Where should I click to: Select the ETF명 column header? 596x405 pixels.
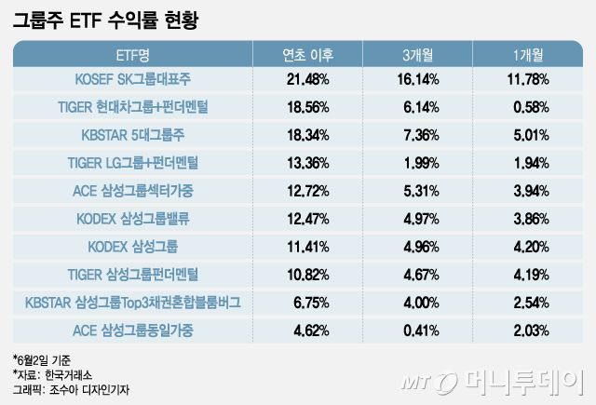[138, 55]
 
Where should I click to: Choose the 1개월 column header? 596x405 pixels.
[526, 55]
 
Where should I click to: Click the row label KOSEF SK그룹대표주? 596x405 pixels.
[138, 80]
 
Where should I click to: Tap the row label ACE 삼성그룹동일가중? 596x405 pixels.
[138, 329]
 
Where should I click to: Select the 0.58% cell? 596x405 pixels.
[527, 107]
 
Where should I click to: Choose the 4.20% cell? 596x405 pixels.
[527, 246]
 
